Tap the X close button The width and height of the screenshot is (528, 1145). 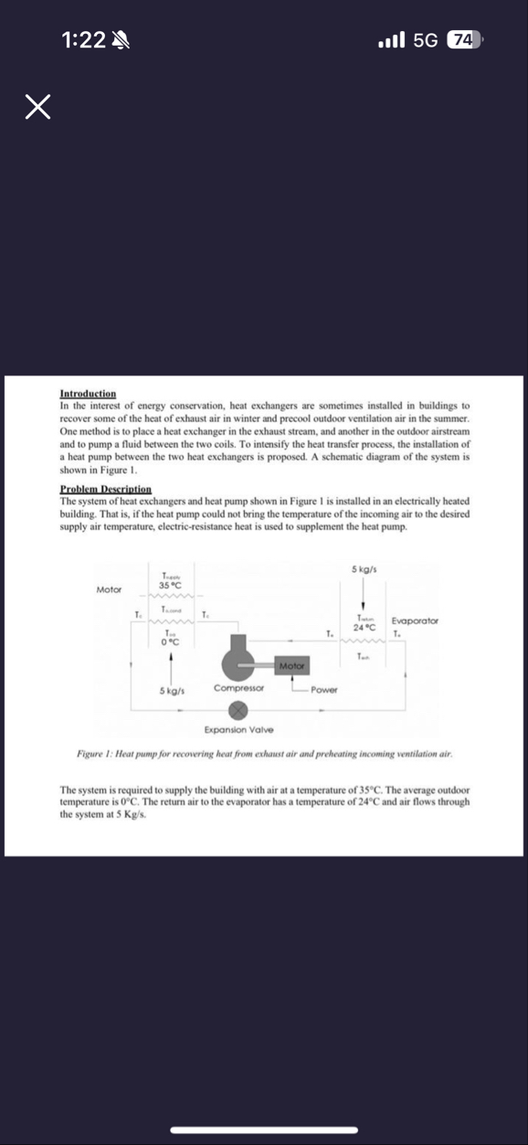point(37,109)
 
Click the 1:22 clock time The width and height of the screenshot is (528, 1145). point(83,39)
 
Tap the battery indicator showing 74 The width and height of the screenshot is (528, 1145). point(463,39)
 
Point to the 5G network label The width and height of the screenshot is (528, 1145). point(426,39)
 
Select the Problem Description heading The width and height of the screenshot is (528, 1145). point(105,490)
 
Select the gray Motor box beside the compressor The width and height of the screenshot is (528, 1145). point(292,666)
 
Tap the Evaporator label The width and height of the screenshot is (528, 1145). point(415,620)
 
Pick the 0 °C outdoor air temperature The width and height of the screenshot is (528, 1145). point(169,642)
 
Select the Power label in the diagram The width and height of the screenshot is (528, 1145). point(324,689)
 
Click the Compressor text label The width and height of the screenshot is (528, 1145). point(238,687)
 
